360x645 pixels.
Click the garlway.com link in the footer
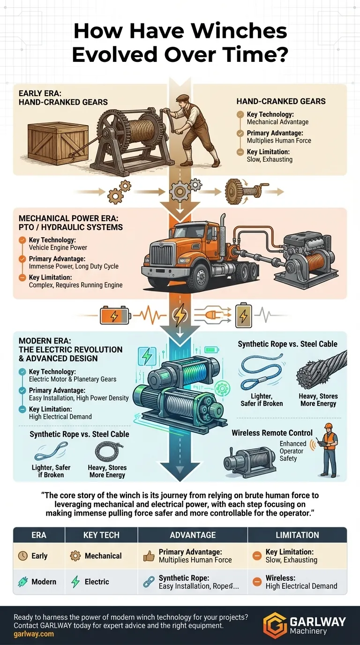point(34,634)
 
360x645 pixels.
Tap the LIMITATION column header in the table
point(297,535)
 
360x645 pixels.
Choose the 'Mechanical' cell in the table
point(103,556)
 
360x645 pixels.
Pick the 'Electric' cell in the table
point(97,582)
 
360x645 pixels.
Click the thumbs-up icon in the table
point(149,556)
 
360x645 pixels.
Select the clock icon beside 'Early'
point(22,556)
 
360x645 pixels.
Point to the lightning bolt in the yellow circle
point(180,315)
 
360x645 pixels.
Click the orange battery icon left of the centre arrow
point(114,315)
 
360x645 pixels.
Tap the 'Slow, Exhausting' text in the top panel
point(270,159)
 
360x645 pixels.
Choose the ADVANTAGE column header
point(193,535)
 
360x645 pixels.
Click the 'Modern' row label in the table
point(44,582)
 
